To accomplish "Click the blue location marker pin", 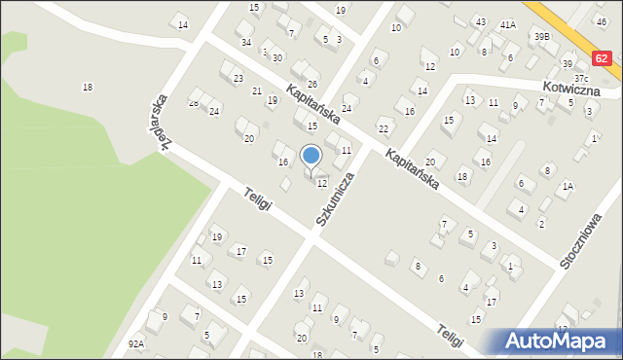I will pyautogui.click(x=311, y=156).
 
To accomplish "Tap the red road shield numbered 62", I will pyautogui.click(x=603, y=58).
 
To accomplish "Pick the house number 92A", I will pyautogui.click(x=136, y=343).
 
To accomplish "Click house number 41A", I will pyautogui.click(x=507, y=23).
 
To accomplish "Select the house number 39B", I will pyautogui.click(x=541, y=36).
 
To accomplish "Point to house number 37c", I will pyautogui.click(x=581, y=78).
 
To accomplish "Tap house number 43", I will pyautogui.click(x=481, y=21).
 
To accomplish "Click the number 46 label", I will pyautogui.click(x=601, y=20).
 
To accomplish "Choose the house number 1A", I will pyautogui.click(x=568, y=186).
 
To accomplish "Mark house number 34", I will pyautogui.click(x=246, y=43).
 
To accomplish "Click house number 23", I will pyautogui.click(x=238, y=77).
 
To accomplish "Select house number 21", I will pyautogui.click(x=257, y=90).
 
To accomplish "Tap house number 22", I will pyautogui.click(x=384, y=128).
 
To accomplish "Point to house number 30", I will pyautogui.click(x=277, y=58).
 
